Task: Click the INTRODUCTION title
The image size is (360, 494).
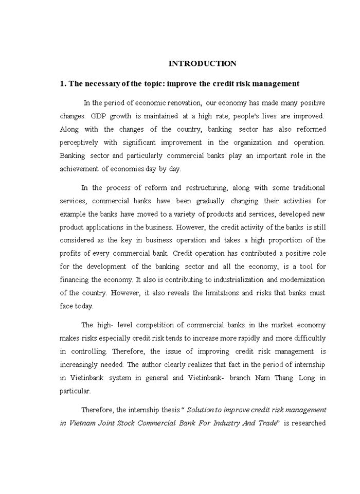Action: pyautogui.click(x=203, y=64)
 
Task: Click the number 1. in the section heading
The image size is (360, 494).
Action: pyautogui.click(x=63, y=83)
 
